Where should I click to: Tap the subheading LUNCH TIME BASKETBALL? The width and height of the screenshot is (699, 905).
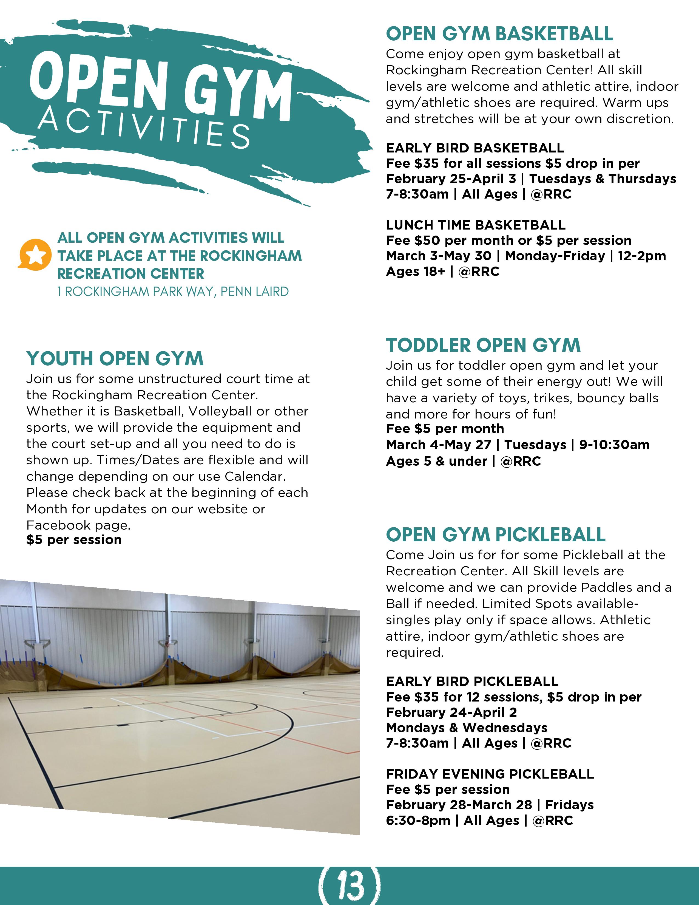[x=475, y=225]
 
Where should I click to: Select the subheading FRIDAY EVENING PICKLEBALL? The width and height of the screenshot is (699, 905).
[x=490, y=774]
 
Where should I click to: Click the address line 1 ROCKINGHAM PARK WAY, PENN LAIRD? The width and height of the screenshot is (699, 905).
[x=173, y=292]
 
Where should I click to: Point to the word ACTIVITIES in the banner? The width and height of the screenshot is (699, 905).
[x=144, y=126]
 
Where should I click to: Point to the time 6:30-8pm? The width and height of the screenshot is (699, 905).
[x=417, y=821]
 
